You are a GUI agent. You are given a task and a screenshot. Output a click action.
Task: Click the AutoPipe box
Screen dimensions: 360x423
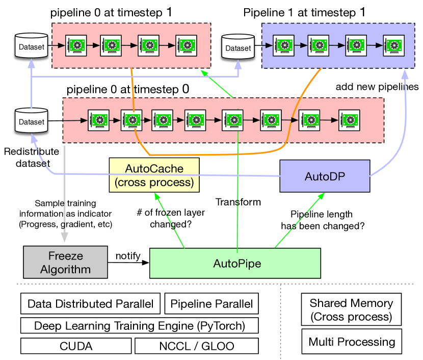point(235,263)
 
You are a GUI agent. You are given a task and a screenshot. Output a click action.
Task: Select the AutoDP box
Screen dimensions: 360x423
point(325,176)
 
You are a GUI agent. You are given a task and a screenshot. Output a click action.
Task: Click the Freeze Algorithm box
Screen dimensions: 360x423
point(65,263)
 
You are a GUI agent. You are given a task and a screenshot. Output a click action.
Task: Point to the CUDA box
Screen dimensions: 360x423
point(76,346)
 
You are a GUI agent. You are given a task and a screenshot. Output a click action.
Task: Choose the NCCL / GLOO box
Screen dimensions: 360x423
point(196,346)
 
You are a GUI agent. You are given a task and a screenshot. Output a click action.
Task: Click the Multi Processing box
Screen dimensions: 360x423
point(351,342)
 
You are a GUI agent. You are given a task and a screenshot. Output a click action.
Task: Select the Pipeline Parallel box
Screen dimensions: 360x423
point(211,304)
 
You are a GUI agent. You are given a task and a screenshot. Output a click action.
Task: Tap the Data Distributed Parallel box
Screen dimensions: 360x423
point(90,304)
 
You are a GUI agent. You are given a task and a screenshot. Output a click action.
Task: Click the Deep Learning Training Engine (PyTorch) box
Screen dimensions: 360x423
point(139,325)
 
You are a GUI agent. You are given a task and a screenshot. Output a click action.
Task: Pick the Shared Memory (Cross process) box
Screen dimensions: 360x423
point(351,310)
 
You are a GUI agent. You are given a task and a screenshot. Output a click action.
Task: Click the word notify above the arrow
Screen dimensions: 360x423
point(128,255)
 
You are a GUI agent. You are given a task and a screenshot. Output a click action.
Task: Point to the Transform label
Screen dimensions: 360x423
point(238,202)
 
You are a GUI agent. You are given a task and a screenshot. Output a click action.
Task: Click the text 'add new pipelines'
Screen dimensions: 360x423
point(377,87)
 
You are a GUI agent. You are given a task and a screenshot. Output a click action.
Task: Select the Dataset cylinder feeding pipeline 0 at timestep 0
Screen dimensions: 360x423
point(32,121)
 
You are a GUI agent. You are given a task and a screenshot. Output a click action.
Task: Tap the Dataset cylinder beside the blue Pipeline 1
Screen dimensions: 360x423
point(238,47)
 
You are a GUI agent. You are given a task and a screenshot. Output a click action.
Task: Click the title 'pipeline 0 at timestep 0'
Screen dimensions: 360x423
point(127,89)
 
